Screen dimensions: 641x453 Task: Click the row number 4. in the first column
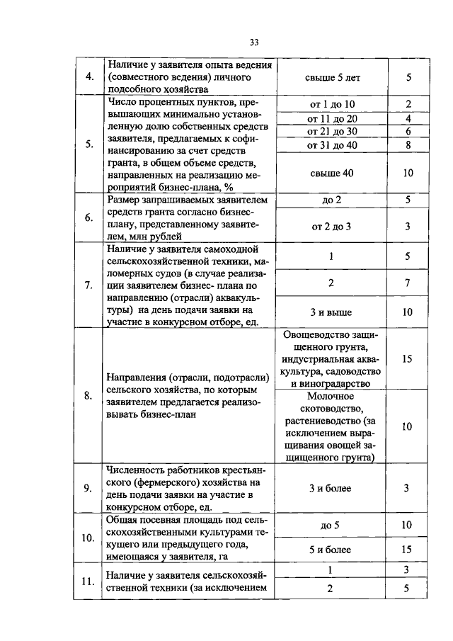[89, 77]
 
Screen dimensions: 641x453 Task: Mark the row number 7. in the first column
[89, 285]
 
